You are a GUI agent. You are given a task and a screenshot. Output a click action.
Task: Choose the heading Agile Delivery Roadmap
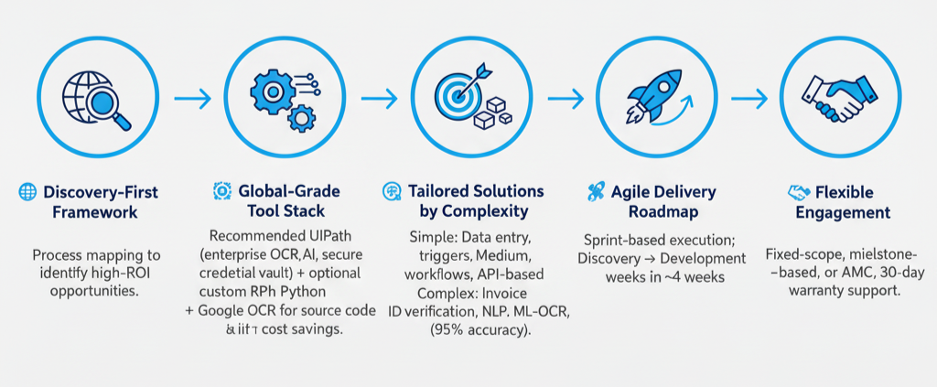tap(653, 202)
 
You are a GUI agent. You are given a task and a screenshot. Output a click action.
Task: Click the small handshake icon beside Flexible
tap(797, 192)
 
